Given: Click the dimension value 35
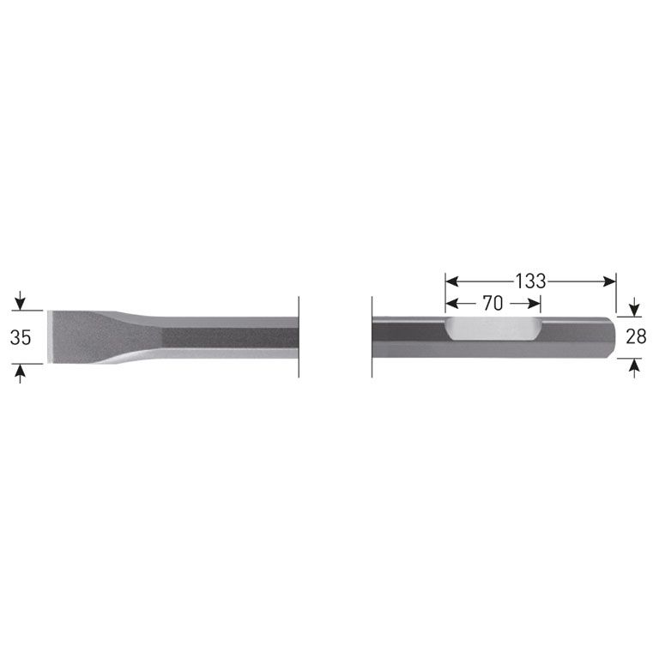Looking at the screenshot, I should [21, 337].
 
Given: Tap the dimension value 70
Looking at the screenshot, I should [493, 303].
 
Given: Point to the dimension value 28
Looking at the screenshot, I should [636, 336].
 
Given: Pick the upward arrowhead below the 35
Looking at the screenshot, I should [21, 370].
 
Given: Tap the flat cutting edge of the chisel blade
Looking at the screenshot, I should [50, 337].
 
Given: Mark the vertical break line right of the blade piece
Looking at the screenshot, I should [299, 336].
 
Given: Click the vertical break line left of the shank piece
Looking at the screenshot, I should [371, 336].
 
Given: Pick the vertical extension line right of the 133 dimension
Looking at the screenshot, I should [617, 296].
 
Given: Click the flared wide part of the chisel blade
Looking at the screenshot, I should [86, 337].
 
